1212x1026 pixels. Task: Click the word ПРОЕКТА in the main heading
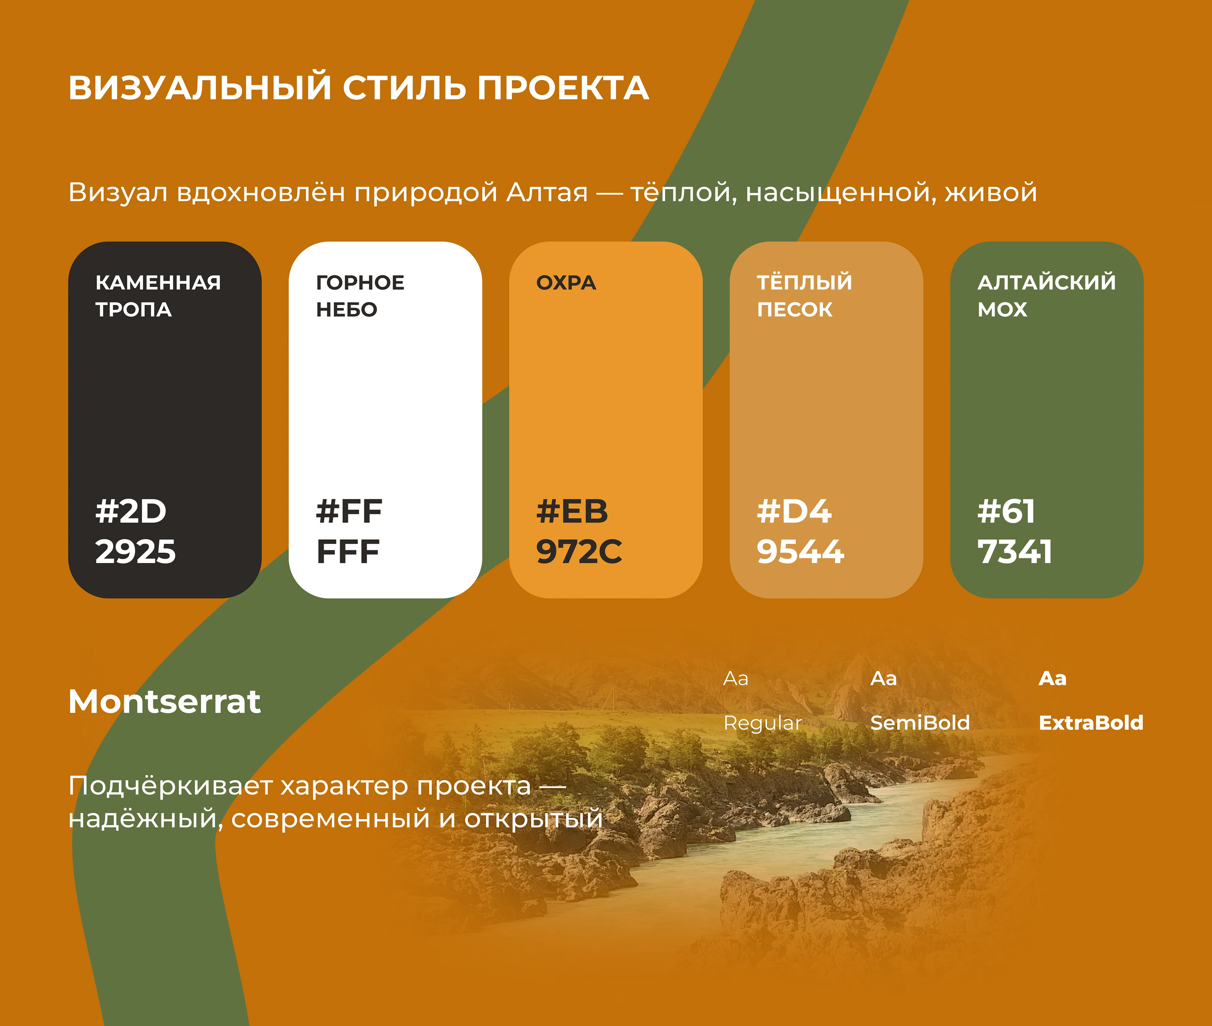click(x=563, y=88)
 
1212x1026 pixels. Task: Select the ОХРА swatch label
click(x=566, y=283)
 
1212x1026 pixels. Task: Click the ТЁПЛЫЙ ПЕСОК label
click(x=804, y=295)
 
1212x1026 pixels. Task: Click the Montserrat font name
click(x=165, y=701)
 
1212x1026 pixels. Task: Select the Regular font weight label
click(x=762, y=723)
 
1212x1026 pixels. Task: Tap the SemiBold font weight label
click(x=920, y=723)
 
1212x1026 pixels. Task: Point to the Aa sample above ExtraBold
click(x=1053, y=679)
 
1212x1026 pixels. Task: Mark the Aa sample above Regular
click(x=736, y=679)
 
